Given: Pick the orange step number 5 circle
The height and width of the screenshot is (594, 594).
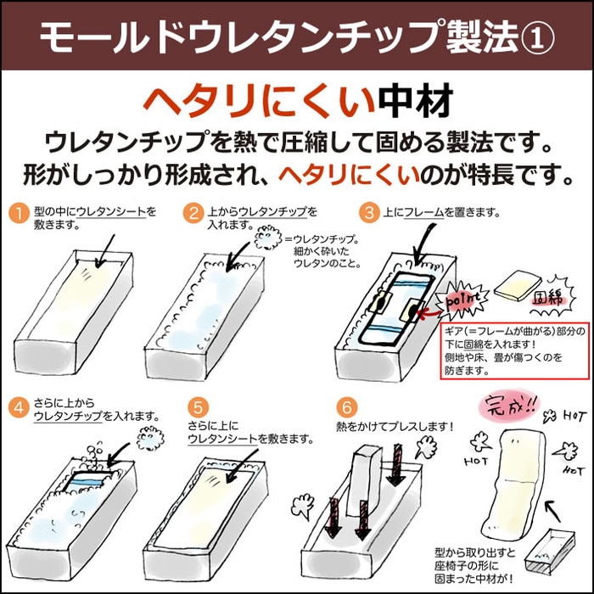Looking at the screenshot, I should pos(198,406).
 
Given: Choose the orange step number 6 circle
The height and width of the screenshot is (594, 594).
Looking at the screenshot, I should pos(344,406).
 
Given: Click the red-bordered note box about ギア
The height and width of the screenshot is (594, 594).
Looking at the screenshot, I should pos(515,348).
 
